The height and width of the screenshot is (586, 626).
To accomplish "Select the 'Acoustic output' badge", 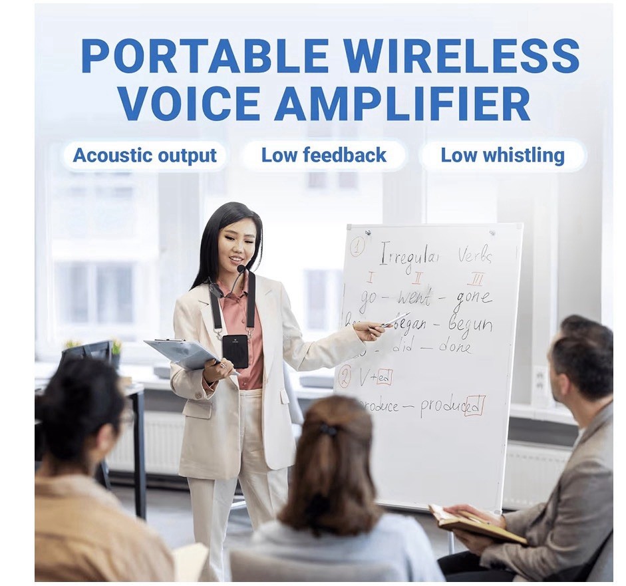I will point(144,156).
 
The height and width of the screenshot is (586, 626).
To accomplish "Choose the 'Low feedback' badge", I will point(323,156).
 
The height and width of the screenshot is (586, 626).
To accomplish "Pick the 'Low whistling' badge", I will point(502,156).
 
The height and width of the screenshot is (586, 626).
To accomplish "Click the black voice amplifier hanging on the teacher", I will point(235,351).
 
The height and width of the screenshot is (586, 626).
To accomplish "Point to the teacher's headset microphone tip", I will point(241,269).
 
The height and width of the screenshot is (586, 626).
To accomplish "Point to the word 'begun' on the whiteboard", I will point(470,325).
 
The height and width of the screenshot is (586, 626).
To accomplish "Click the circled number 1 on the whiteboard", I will point(357,247).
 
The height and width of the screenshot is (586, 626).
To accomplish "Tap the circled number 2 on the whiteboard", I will point(345,376).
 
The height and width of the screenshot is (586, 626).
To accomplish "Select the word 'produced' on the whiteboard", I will point(452,406).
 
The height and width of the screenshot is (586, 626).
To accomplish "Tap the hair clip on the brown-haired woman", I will point(328,430).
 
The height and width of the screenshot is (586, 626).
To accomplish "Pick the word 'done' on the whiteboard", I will point(456,347).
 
